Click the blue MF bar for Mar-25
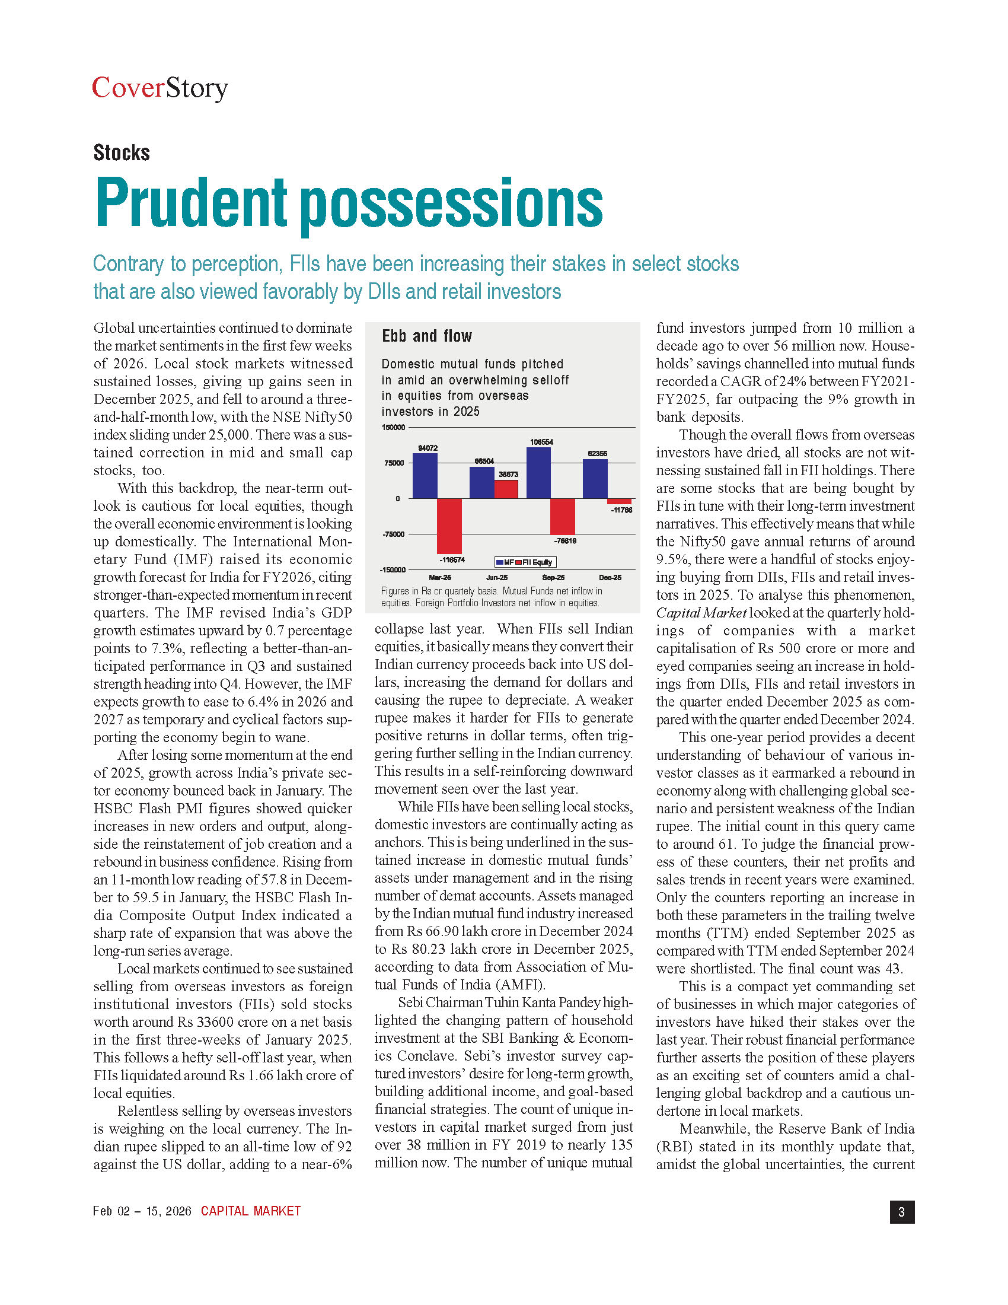coord(425,476)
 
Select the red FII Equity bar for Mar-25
coord(449,526)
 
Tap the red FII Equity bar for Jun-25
coord(506,489)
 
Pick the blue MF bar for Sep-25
coord(538,473)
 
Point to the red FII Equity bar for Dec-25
coord(619,501)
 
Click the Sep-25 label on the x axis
coord(553,578)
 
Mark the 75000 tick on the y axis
coord(394,463)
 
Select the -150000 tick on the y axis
coord(393,570)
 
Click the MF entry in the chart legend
coord(505,562)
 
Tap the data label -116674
coord(452,560)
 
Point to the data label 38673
coord(508,475)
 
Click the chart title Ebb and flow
coord(427,336)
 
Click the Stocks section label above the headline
coord(121,153)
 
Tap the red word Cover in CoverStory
coord(128,88)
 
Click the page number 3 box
coord(902,1212)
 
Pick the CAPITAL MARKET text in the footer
coord(251,1211)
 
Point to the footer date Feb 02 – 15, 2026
coord(142,1211)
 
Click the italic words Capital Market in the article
coord(701,613)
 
